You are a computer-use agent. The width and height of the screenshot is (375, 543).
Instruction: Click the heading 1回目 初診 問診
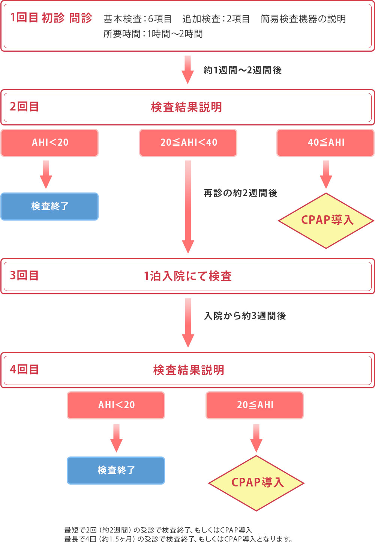[x=51, y=18]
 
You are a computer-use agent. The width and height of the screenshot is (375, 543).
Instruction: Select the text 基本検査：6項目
[x=137, y=19]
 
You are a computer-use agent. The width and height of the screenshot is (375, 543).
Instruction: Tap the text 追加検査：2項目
[x=216, y=19]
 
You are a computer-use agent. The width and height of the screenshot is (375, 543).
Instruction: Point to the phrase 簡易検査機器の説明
[x=303, y=19]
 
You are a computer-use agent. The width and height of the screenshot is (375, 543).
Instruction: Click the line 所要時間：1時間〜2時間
[x=153, y=34]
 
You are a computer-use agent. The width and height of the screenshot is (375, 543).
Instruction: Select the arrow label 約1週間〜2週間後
[x=243, y=70]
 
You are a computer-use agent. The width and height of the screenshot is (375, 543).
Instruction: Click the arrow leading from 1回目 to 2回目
[x=187, y=70]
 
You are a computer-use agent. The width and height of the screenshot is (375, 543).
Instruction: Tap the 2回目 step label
[x=24, y=107]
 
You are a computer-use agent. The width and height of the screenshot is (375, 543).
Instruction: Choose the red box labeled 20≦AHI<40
[x=188, y=143]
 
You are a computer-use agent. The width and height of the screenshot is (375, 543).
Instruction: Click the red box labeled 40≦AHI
[x=325, y=143]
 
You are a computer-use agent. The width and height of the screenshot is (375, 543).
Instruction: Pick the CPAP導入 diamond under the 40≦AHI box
[x=326, y=220]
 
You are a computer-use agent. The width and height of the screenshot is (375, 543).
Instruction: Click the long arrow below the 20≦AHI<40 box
[x=188, y=206]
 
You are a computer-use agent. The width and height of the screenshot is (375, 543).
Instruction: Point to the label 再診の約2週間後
[x=240, y=193]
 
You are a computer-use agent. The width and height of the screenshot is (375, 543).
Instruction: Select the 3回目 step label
[x=24, y=276]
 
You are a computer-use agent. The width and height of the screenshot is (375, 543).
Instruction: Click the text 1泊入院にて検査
[x=188, y=276]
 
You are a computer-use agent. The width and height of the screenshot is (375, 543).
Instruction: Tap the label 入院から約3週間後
[x=245, y=316]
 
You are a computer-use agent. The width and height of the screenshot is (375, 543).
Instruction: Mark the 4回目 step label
[x=24, y=370]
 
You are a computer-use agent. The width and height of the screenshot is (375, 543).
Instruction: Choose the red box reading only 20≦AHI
[x=255, y=405]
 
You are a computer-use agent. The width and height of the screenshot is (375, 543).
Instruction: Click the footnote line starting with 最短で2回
[x=158, y=530]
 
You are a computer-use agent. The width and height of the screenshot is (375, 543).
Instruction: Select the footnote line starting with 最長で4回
[x=178, y=539]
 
